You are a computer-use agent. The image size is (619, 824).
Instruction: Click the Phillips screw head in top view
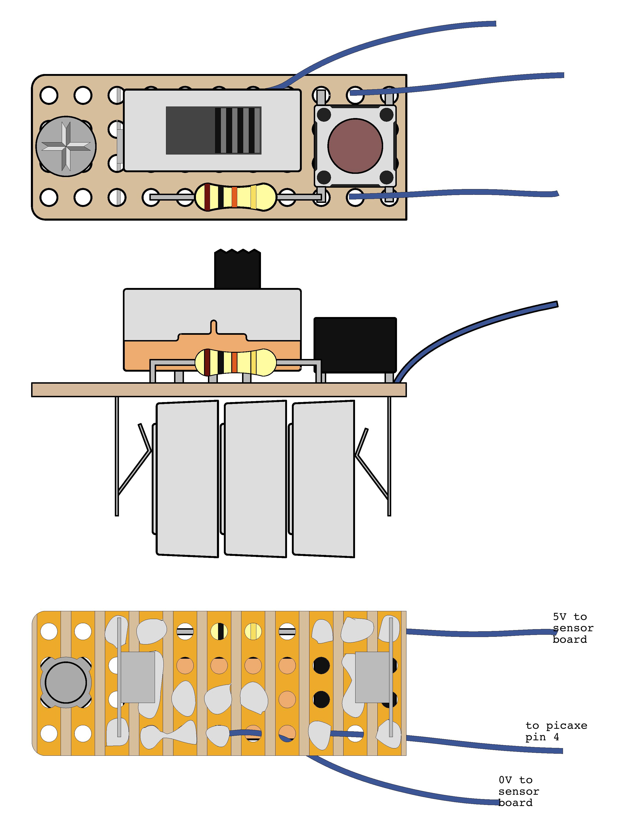click(66, 146)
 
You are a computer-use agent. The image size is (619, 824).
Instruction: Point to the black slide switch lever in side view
click(237, 269)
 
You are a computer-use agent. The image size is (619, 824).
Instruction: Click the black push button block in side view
click(355, 345)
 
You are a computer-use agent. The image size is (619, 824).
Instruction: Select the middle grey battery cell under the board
click(255, 479)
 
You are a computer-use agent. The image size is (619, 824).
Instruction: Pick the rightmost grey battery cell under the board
click(323, 479)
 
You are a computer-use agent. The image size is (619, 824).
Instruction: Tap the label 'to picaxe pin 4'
click(556, 731)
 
